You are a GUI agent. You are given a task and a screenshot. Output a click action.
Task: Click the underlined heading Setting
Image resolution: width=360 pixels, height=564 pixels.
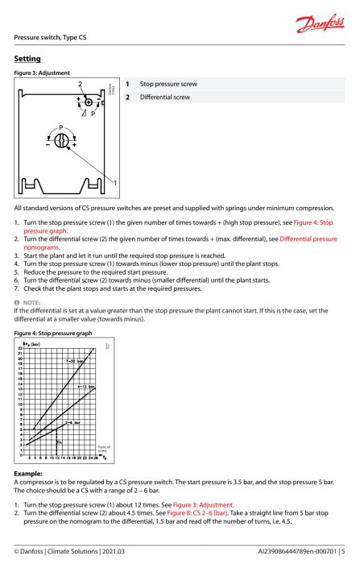(x=29, y=59)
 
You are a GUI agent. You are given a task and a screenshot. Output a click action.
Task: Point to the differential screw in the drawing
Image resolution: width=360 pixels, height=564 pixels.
(x=89, y=102)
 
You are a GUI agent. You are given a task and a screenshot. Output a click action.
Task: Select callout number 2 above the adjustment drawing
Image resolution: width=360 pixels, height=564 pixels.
(x=80, y=84)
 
